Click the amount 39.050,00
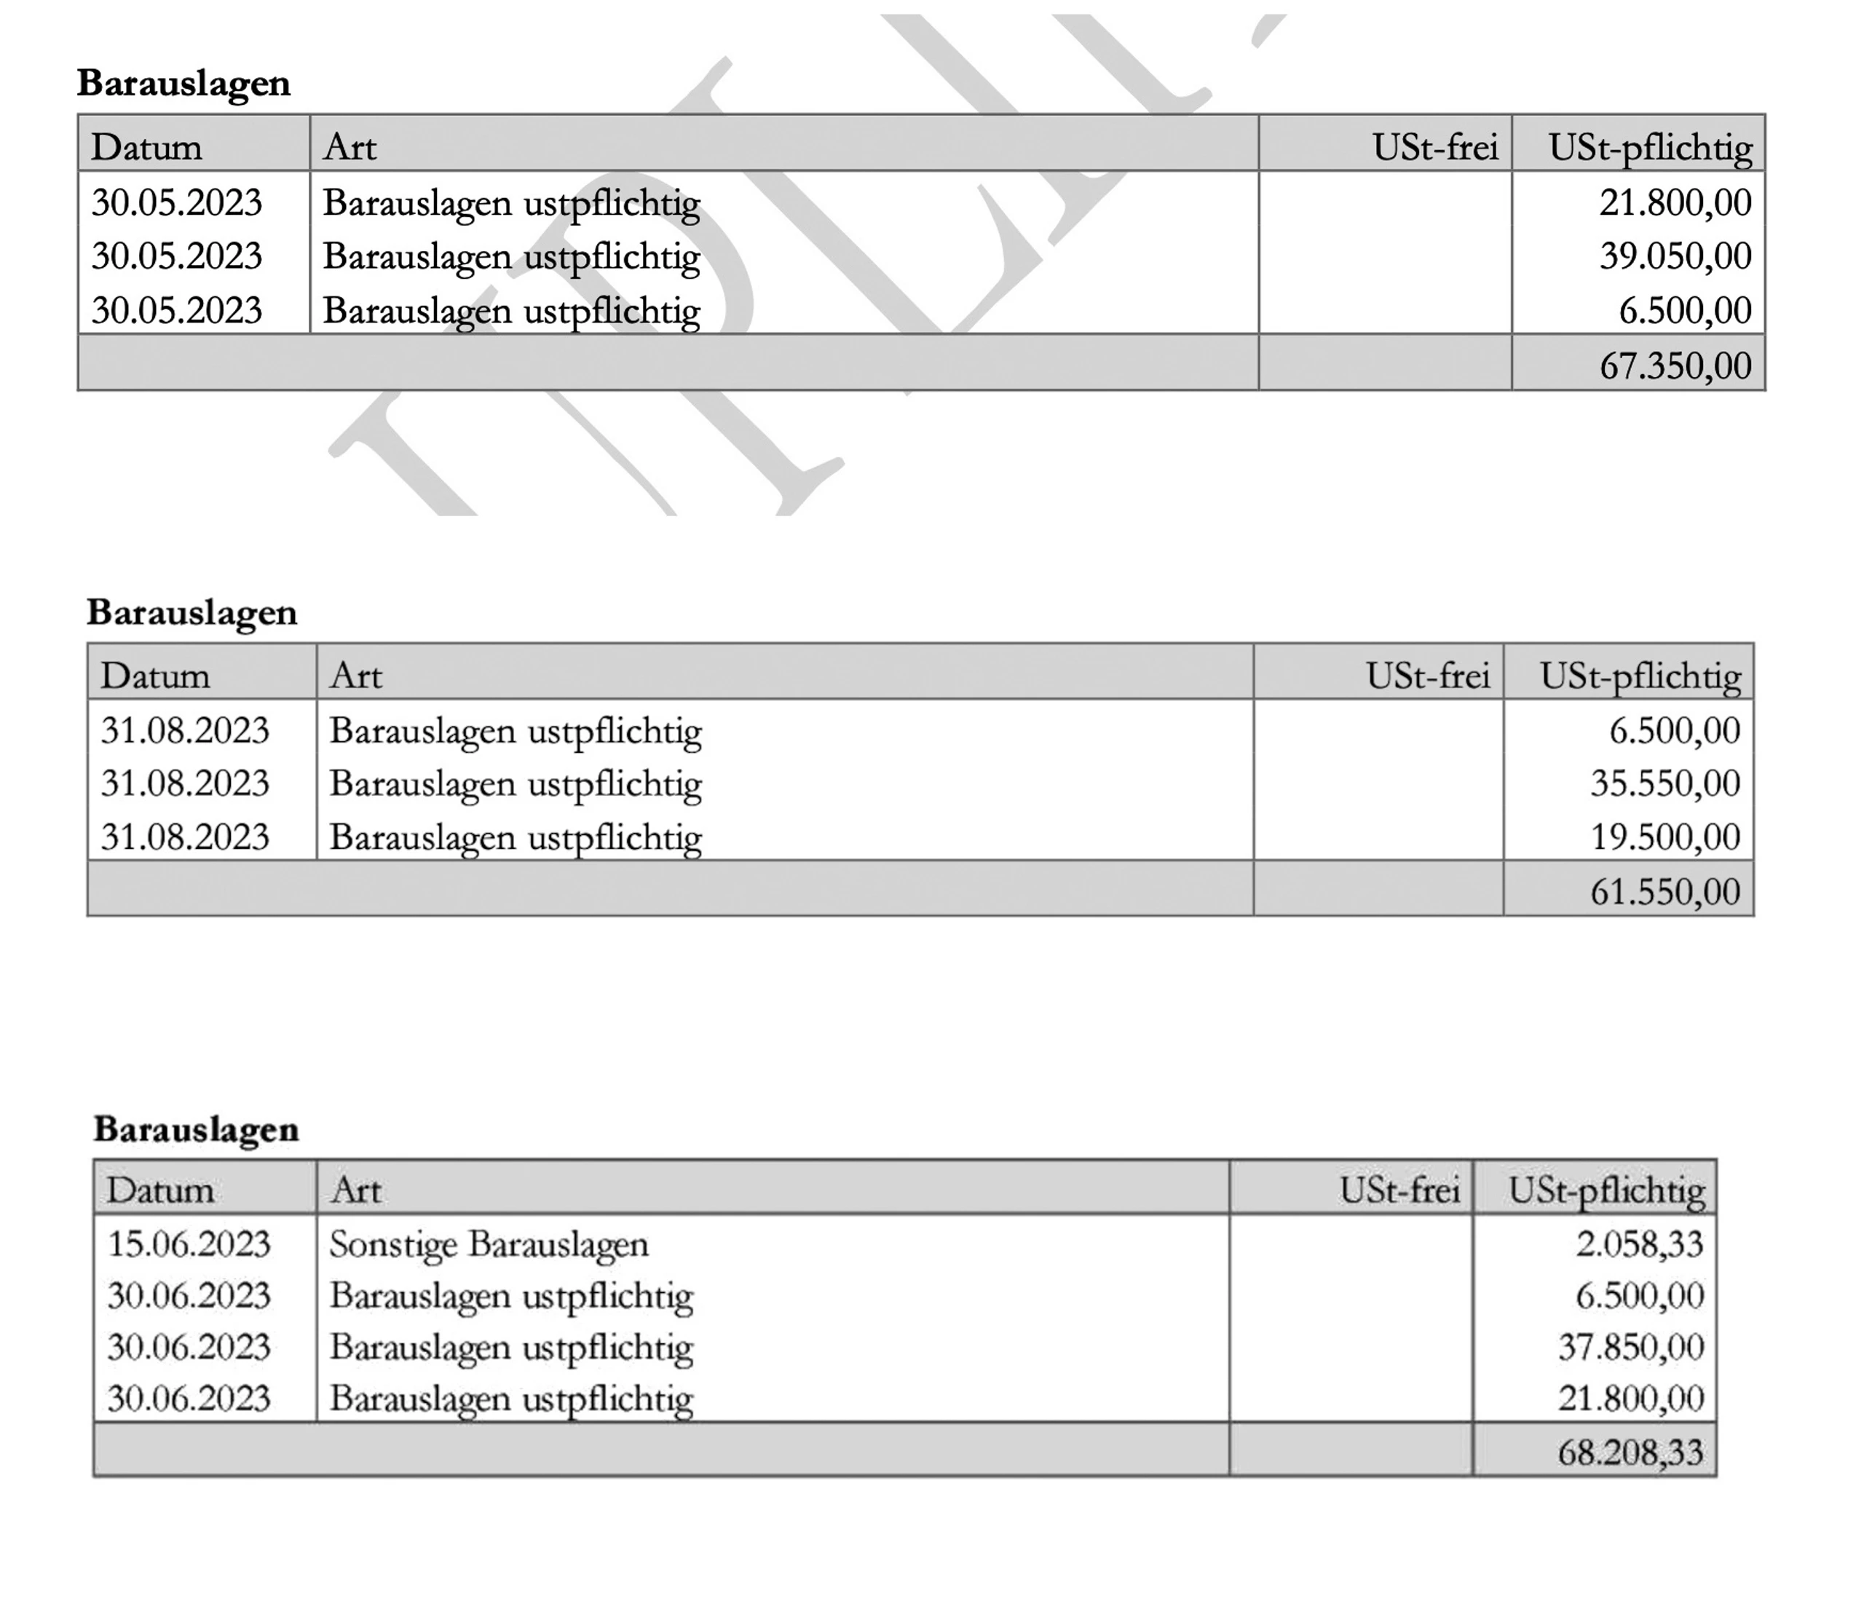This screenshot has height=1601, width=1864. pyautogui.click(x=1675, y=256)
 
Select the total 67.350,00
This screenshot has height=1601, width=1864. pyautogui.click(x=1675, y=366)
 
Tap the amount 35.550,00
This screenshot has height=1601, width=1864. pyautogui.click(x=1665, y=783)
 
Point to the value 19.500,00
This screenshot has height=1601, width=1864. pyautogui.click(x=1665, y=837)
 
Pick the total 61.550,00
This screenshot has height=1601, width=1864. pyautogui.click(x=1665, y=891)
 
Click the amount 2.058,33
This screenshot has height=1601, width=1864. pyautogui.click(x=1639, y=1244)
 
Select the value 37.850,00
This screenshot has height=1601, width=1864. pyautogui.click(x=1631, y=1348)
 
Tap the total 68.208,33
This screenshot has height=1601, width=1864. pyautogui.click(x=1631, y=1452)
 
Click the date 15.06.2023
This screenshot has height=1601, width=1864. pyautogui.click(x=189, y=1244)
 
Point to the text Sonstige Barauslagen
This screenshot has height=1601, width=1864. pyautogui.click(x=489, y=1244)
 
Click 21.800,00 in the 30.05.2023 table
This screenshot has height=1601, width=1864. pyautogui.click(x=1675, y=202)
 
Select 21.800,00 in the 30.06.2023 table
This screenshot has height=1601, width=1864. pyautogui.click(x=1631, y=1399)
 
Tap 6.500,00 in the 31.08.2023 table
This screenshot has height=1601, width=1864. pyautogui.click(x=1674, y=730)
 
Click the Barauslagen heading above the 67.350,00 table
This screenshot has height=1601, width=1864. pyautogui.click(x=183, y=83)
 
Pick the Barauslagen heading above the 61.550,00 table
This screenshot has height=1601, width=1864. pyautogui.click(x=191, y=612)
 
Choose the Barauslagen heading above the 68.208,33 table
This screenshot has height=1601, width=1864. pyautogui.click(x=196, y=1128)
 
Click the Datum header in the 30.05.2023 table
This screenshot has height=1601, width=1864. pyautogui.click(x=146, y=146)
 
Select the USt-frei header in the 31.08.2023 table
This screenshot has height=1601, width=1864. pyautogui.click(x=1428, y=676)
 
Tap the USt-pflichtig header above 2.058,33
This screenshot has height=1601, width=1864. pyautogui.click(x=1606, y=1190)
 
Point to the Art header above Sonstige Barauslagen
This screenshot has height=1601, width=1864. pyautogui.click(x=356, y=1190)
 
